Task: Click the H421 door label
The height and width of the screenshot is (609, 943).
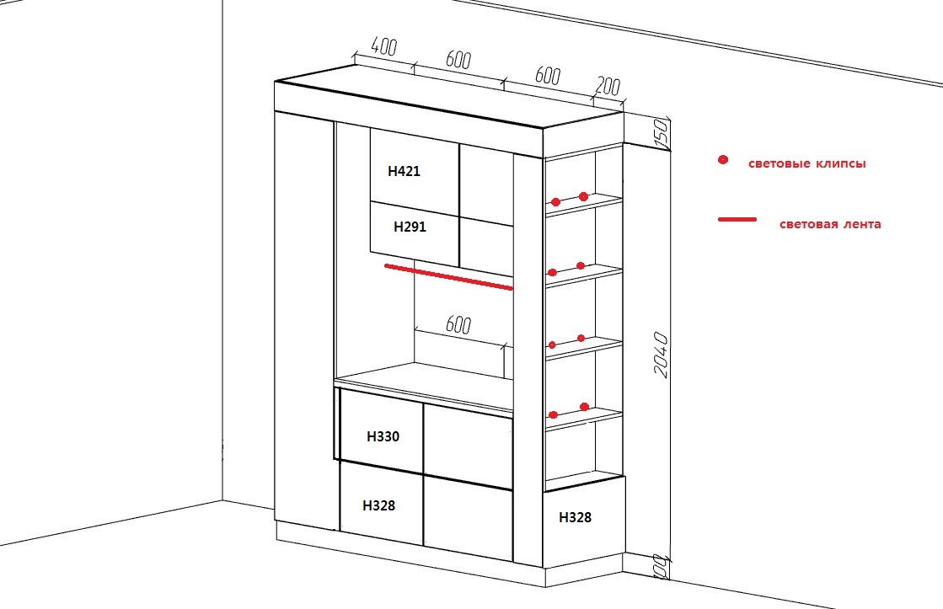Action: point(404,171)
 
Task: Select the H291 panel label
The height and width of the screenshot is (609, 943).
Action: point(410,227)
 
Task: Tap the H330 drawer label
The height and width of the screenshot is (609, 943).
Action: point(383,436)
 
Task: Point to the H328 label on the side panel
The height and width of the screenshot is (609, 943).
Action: point(575,517)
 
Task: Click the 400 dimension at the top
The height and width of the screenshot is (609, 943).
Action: point(384,46)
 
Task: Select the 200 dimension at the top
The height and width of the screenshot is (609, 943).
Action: point(608,87)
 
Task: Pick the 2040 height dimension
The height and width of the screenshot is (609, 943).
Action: point(661,355)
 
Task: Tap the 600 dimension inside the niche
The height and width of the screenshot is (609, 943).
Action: point(458,324)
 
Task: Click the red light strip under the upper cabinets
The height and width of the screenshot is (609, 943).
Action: point(448,276)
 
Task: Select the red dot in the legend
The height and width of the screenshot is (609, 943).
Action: point(723,160)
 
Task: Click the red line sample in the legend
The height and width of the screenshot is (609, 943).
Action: point(737,220)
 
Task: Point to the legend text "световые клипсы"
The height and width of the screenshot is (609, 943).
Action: point(807,163)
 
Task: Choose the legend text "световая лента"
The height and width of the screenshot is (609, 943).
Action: point(830,224)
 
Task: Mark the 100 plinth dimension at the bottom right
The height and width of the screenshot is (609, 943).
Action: point(661,567)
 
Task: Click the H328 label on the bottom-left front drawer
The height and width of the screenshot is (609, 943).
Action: point(379,505)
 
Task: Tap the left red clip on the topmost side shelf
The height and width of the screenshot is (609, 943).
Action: point(555,202)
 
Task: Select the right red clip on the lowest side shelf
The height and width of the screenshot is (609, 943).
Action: point(584,407)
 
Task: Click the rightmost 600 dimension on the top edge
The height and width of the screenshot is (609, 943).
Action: point(547,76)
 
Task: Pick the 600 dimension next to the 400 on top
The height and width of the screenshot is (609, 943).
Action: point(458,60)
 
